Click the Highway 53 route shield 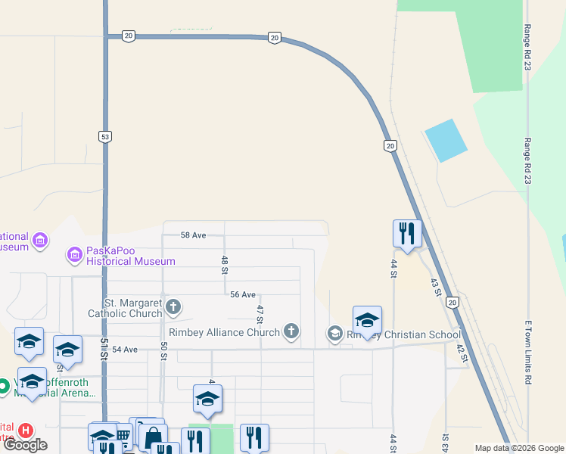tap(105, 136)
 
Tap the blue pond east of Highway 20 tap(446, 140)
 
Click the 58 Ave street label tap(193, 235)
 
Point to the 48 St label tap(225, 264)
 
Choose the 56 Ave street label tap(242, 294)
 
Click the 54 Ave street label tap(125, 349)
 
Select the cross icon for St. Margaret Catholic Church tap(173, 306)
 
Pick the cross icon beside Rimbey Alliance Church tap(291, 331)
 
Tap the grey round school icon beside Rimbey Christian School tap(334, 333)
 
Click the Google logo tap(25, 445)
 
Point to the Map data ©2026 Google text tap(519, 448)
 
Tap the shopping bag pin tap(153, 437)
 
